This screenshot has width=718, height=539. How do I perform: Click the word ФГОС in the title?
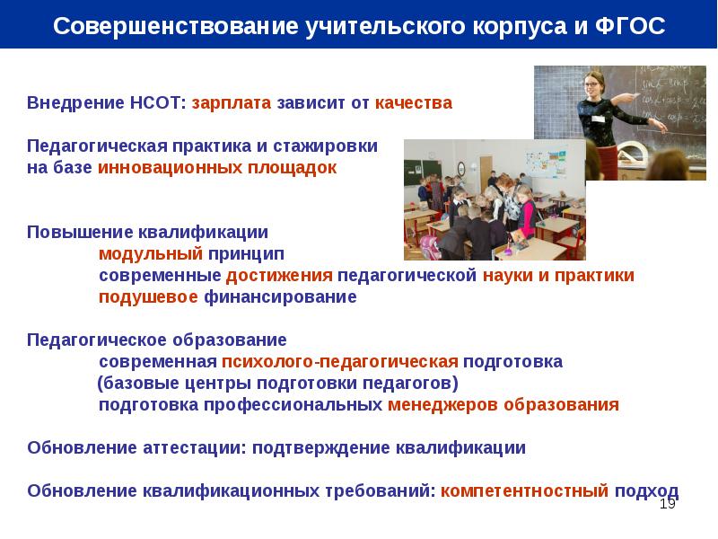[630, 26]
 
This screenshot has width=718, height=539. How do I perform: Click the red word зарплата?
[232, 103]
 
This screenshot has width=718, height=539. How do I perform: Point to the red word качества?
[414, 102]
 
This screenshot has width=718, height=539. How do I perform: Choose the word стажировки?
[325, 146]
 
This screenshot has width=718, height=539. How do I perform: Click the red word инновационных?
[170, 168]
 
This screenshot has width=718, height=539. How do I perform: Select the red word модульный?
[151, 254]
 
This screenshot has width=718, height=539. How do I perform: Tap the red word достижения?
[279, 276]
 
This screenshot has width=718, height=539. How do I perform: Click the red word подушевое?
[148, 297]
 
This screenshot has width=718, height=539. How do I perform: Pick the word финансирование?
[280, 297]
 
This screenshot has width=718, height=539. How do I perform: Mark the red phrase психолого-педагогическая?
[340, 362]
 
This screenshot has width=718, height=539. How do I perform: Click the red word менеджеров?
[442, 405]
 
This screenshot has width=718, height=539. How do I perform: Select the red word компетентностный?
[525, 490]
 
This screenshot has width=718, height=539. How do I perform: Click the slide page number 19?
[667, 504]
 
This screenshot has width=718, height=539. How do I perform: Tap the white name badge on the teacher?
[598, 119]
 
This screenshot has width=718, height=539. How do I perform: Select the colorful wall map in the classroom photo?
[546, 163]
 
